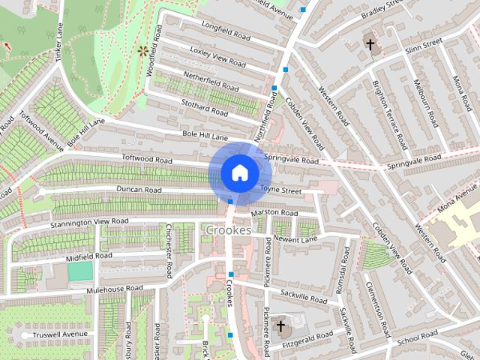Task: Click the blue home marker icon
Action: pos(239,172)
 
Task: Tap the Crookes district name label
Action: pos(227,230)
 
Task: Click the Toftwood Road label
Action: pos(148,160)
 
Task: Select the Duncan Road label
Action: pos(139,190)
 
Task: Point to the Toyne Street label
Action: pos(281,191)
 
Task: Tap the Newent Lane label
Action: pos(296,238)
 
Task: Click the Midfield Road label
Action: pos(88,256)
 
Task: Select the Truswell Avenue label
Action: pos(64,334)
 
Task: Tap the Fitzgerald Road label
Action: pos(308,335)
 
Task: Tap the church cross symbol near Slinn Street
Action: pos(370,45)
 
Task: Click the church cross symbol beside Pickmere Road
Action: pos(280,326)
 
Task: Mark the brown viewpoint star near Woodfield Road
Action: pos(142,51)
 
